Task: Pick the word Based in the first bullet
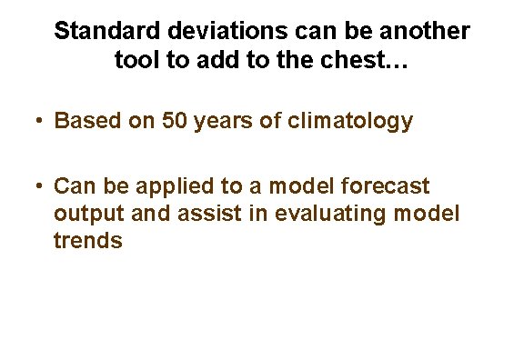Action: pos(84,122)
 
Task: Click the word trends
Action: pos(88,242)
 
